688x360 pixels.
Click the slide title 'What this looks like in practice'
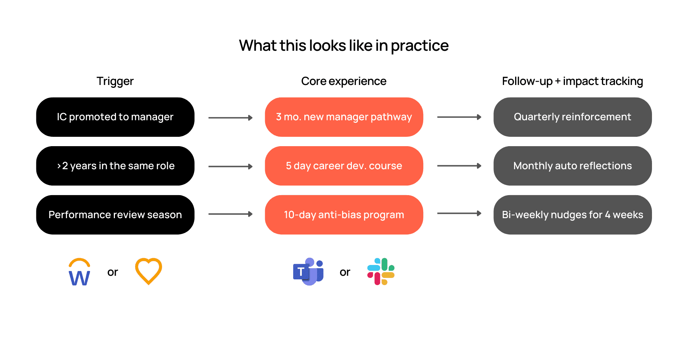pyautogui.click(x=344, y=46)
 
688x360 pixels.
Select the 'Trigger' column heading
pyautogui.click(x=115, y=81)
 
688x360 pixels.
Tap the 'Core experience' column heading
pyautogui.click(x=344, y=81)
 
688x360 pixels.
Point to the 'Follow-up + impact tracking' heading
pyautogui.click(x=572, y=81)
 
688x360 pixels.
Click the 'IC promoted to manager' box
pyautogui.click(x=115, y=117)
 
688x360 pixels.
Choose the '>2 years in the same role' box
pyautogui.click(x=115, y=166)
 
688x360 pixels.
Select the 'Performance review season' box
pyautogui.click(x=115, y=215)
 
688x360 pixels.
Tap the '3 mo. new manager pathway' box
pyautogui.click(x=344, y=117)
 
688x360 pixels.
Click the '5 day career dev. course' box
pyautogui.click(x=344, y=166)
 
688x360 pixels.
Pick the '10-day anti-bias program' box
pyautogui.click(x=344, y=215)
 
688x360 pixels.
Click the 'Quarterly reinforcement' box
pyautogui.click(x=572, y=117)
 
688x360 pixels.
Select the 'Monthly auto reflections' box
pyautogui.click(x=572, y=166)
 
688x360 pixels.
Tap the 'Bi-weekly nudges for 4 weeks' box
pyautogui.click(x=572, y=215)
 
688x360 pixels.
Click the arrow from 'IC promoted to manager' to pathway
pyautogui.click(x=231, y=118)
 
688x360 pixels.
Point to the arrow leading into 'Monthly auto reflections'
pyautogui.click(x=459, y=166)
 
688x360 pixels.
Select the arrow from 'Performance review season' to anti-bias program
pyautogui.click(x=231, y=214)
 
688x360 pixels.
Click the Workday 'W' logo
pyautogui.click(x=79, y=272)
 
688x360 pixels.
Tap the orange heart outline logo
pyautogui.click(x=148, y=271)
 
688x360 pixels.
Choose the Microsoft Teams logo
pyautogui.click(x=308, y=272)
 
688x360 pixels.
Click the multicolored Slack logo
pyautogui.click(x=381, y=271)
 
